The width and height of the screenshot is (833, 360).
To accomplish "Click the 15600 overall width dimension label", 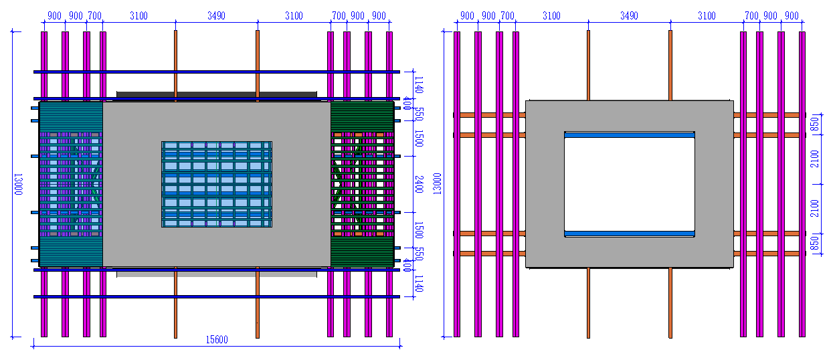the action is point(217,339).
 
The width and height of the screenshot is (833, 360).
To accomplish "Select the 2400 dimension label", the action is point(419,185).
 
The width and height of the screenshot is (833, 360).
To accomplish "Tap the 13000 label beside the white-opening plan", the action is point(438,184).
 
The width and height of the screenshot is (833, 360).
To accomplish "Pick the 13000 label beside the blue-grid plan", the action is point(18,184).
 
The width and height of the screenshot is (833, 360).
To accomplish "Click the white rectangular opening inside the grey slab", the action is point(630,184).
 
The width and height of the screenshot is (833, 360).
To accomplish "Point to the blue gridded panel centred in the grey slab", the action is point(217,184).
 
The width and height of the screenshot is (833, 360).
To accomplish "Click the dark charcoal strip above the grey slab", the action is point(217,94).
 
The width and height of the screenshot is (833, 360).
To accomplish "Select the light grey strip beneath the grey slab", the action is point(217,274).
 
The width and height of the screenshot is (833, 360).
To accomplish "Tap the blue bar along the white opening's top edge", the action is point(630,135).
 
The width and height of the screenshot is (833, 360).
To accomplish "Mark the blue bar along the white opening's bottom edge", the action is point(630,234).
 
